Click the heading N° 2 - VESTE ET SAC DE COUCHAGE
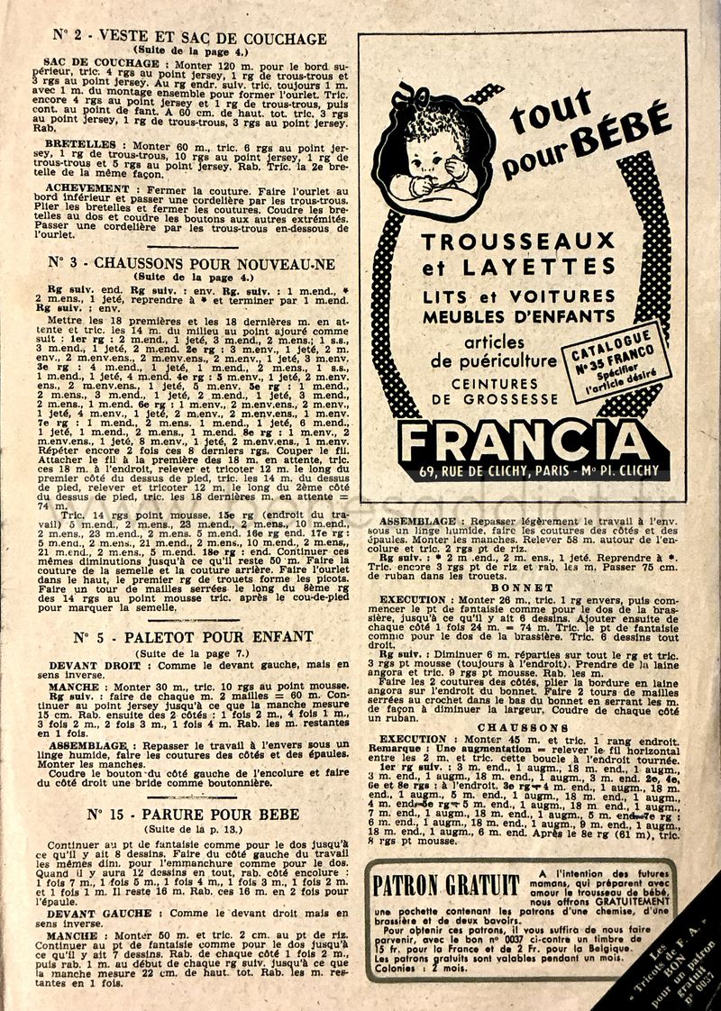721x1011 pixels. click(188, 38)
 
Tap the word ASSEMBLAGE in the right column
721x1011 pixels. click(417, 521)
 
